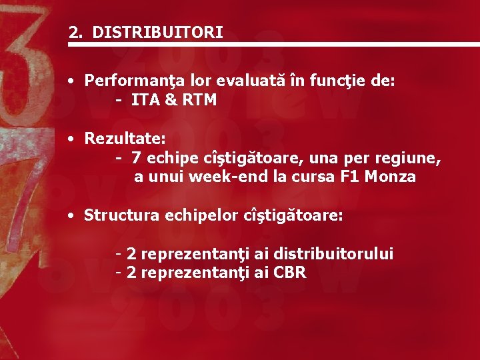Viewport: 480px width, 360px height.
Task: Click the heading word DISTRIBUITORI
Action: [x=158, y=33]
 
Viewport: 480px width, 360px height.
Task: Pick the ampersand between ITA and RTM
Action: [x=167, y=100]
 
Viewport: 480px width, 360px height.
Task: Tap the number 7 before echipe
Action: [x=136, y=159]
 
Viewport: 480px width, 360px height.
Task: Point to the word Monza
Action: [x=395, y=177]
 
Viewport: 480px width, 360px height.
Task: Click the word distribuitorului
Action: [x=333, y=254]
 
